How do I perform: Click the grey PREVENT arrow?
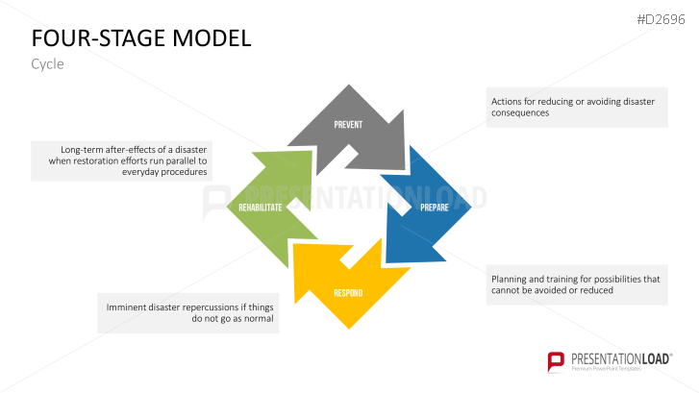click(x=347, y=125)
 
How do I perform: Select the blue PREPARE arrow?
click(x=423, y=207)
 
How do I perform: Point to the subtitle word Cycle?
click(x=48, y=63)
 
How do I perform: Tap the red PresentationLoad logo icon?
click(x=555, y=361)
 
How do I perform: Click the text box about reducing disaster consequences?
click(x=575, y=106)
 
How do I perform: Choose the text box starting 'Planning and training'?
click(x=575, y=284)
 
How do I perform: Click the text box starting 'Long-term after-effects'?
click(x=121, y=160)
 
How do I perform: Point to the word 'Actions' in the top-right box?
click(x=507, y=100)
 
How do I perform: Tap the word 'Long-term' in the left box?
click(x=83, y=150)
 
